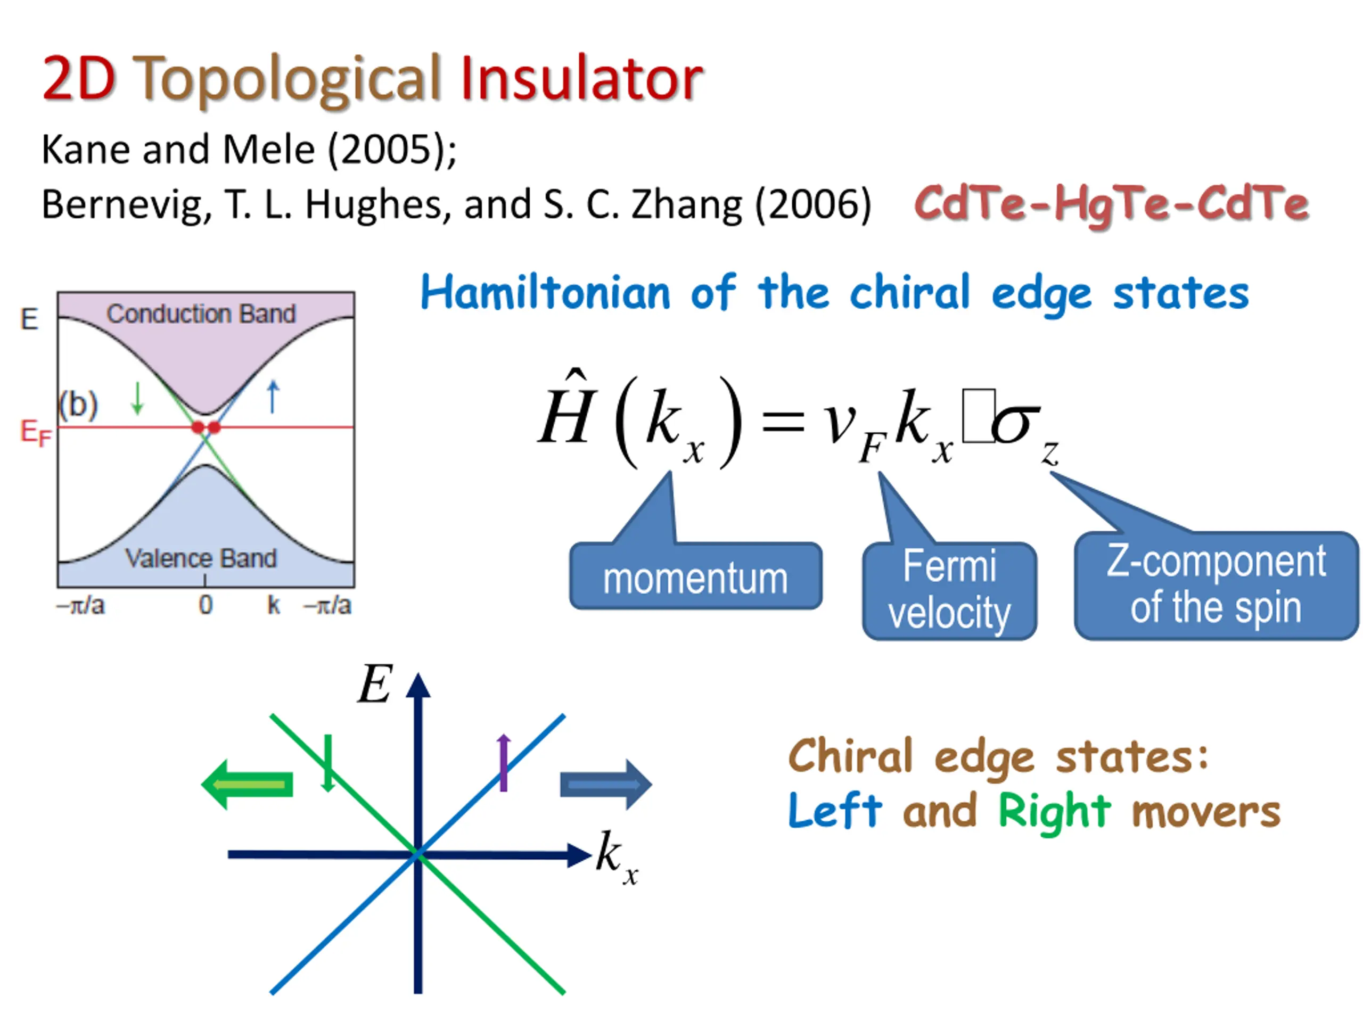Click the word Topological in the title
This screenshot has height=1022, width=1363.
[x=286, y=80]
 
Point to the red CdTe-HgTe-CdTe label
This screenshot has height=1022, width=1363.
[x=1111, y=204]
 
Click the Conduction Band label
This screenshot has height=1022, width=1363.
[x=201, y=314]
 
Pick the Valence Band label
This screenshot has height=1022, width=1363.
[x=201, y=559]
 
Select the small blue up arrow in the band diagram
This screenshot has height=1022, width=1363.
[x=273, y=396]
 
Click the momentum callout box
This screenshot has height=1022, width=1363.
[x=695, y=577]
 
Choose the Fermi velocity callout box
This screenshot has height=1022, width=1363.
[x=949, y=591]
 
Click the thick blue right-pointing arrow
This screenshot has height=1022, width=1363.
[x=605, y=784]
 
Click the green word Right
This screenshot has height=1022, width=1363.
[x=1054, y=811]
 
